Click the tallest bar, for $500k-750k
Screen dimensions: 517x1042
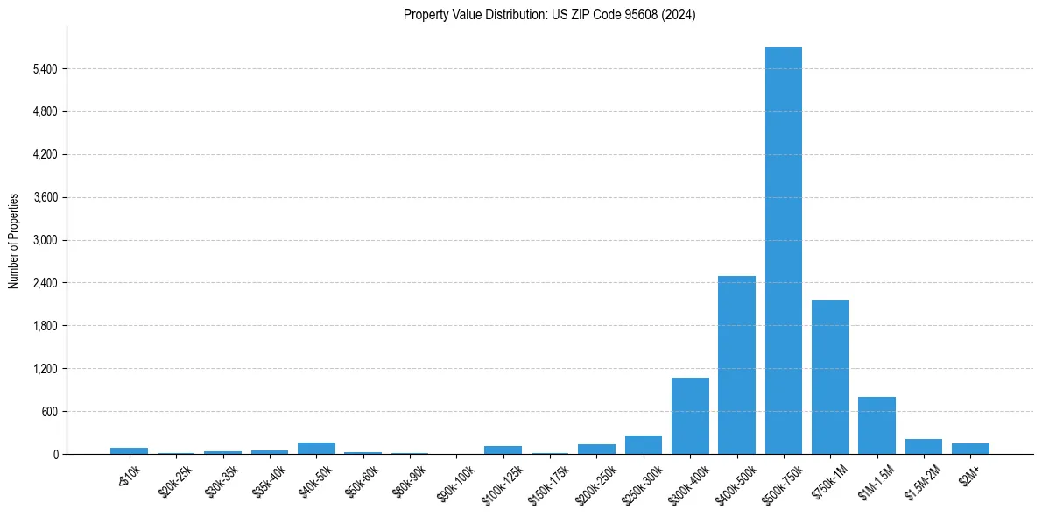pyautogui.click(x=783, y=251)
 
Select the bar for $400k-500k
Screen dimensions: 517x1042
pyautogui.click(x=736, y=365)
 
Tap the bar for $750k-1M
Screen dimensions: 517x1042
pyautogui.click(x=830, y=377)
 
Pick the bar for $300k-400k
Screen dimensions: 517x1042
pyautogui.click(x=690, y=416)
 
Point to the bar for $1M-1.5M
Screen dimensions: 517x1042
pyautogui.click(x=877, y=426)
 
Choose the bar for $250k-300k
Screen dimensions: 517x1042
pyautogui.click(x=644, y=445)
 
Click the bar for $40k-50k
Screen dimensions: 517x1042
pyautogui.click(x=316, y=449)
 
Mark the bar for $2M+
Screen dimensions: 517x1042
pyautogui.click(x=970, y=449)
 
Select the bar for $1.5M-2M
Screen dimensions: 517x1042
pyautogui.click(x=923, y=447)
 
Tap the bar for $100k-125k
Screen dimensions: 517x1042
pyautogui.click(x=503, y=450)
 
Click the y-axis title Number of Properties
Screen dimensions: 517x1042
pyautogui.click(x=14, y=241)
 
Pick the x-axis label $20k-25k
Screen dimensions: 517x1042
pyautogui.click(x=177, y=478)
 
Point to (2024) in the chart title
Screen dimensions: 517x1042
pyautogui.click(x=679, y=15)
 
